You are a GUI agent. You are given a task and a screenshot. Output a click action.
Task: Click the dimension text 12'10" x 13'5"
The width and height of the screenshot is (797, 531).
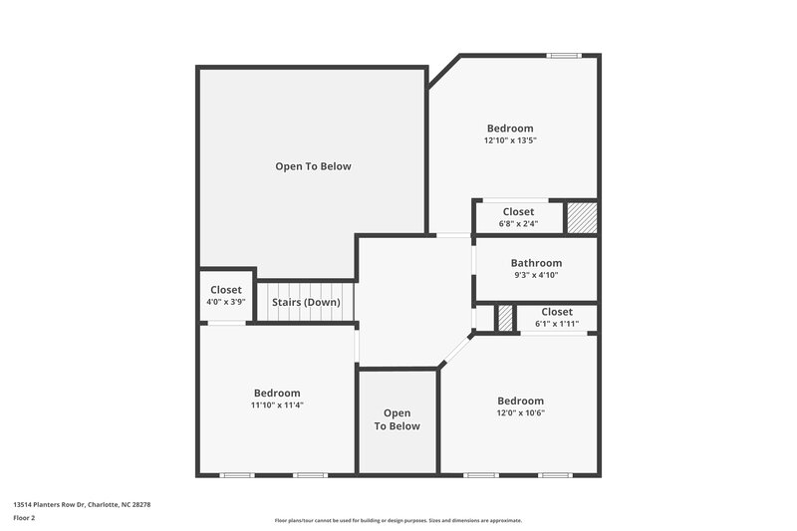pyautogui.click(x=510, y=141)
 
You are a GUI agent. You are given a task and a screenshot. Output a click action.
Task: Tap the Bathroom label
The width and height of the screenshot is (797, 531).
pyautogui.click(x=536, y=263)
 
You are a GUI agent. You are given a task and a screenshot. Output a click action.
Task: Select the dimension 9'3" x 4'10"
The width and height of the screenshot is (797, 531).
pyautogui.click(x=536, y=275)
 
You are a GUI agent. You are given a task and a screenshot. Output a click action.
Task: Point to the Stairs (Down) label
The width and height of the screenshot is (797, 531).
pyautogui.click(x=306, y=302)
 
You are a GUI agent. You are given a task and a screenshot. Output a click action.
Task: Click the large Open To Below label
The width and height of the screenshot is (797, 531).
pyautogui.click(x=313, y=166)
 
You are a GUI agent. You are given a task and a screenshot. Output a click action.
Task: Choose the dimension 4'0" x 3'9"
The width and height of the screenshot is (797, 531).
pyautogui.click(x=225, y=302)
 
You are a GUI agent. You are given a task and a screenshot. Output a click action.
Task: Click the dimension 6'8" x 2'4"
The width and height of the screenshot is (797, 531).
pyautogui.click(x=518, y=223)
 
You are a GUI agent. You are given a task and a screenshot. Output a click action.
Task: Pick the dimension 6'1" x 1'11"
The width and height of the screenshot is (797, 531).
pyautogui.click(x=557, y=324)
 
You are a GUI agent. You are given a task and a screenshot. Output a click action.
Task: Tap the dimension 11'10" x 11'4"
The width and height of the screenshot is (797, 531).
pyautogui.click(x=277, y=404)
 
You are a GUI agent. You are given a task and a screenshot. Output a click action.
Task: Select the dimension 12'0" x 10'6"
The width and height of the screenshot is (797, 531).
pyautogui.click(x=521, y=413)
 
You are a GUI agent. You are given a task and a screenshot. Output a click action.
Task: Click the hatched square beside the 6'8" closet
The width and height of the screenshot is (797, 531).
pyautogui.click(x=581, y=217)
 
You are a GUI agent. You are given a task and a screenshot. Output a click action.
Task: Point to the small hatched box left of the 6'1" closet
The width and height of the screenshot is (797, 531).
pyautogui.click(x=506, y=318)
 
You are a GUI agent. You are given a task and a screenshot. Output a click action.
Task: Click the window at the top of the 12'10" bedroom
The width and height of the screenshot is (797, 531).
pyautogui.click(x=565, y=56)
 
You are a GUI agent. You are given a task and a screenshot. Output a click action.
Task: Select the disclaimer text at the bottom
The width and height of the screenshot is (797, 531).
pyautogui.click(x=398, y=520)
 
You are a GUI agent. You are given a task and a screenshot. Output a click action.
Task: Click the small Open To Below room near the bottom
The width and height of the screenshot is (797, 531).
pyautogui.click(x=398, y=420)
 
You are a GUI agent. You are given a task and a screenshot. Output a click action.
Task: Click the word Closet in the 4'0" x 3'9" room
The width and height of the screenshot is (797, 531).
pyautogui.click(x=225, y=290)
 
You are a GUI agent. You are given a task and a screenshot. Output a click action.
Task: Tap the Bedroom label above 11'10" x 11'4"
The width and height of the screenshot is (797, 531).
pyautogui.click(x=277, y=393)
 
